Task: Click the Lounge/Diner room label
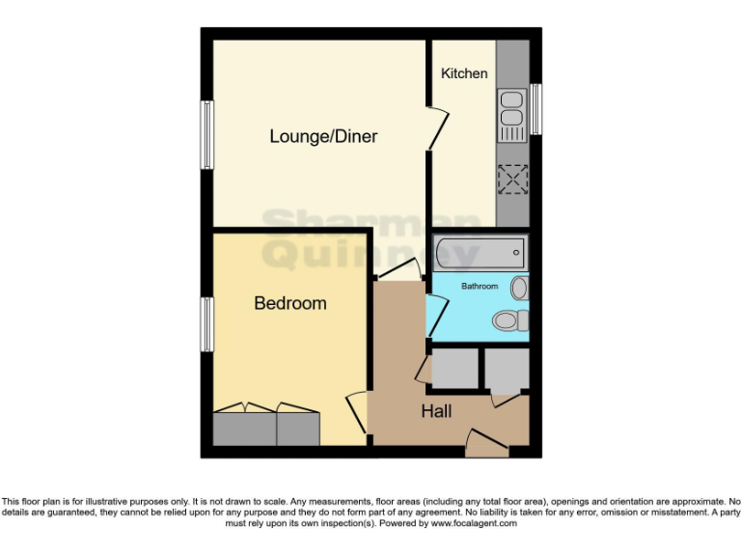[322, 137]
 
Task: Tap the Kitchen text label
[464, 73]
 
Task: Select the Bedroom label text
[289, 303]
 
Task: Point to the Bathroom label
[480, 287]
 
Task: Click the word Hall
[436, 412]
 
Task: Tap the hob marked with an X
[512, 179]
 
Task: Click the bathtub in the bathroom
[480, 254]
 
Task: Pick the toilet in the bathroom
[508, 320]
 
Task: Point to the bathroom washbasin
[520, 287]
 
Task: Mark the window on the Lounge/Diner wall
[206, 135]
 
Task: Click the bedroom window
[206, 325]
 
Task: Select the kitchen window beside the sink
[534, 110]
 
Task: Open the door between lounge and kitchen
[438, 128]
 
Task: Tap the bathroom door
[436, 316]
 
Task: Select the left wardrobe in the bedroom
[245, 426]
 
